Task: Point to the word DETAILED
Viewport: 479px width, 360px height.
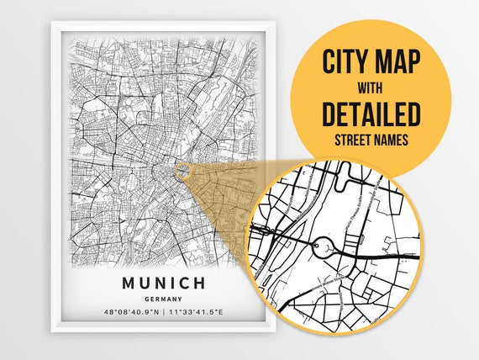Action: pyautogui.click(x=370, y=112)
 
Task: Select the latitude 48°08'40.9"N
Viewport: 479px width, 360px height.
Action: pyautogui.click(x=129, y=311)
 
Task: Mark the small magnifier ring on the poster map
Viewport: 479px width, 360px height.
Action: pyautogui.click(x=182, y=172)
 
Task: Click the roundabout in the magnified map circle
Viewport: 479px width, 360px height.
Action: pyautogui.click(x=324, y=247)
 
